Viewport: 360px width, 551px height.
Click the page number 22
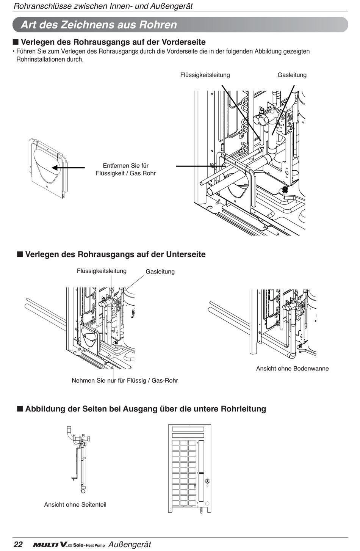18,544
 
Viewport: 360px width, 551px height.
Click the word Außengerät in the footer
130,544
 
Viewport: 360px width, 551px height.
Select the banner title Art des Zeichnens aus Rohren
99,25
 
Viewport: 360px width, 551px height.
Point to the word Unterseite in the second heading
186,254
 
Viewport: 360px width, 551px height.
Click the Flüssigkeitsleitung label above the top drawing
205,75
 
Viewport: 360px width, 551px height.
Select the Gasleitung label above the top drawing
292,75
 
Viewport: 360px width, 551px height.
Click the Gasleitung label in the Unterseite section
160,272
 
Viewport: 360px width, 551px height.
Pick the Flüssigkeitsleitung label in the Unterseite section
102,271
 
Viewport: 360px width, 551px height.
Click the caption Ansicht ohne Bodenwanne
292,369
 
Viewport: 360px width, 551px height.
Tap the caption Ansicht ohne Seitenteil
75,505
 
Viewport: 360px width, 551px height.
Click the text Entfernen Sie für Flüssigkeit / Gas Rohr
125,169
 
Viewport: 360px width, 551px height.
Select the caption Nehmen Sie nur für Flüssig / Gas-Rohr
125,380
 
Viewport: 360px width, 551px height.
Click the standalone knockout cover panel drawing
48,168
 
